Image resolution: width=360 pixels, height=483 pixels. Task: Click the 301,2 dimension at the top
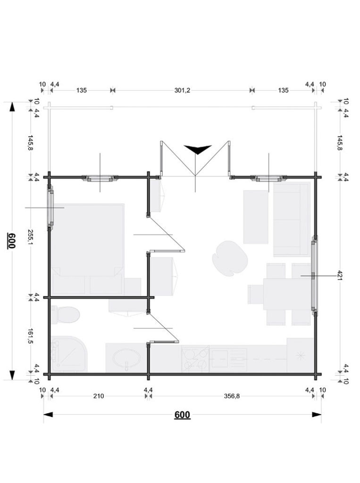point(182,90)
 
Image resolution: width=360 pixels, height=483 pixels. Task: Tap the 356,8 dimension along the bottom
point(232,396)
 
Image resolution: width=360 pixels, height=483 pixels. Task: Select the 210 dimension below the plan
point(99,396)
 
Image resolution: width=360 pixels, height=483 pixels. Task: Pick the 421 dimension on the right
point(340,275)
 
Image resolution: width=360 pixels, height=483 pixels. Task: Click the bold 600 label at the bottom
point(182,415)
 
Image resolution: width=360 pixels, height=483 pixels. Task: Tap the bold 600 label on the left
point(11,241)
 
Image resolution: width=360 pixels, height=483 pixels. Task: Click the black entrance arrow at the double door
point(198,150)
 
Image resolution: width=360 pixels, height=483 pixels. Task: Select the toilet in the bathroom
point(65,315)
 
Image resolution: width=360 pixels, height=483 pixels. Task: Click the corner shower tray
point(69,354)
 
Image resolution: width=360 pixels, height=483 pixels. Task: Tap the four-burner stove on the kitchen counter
point(195,359)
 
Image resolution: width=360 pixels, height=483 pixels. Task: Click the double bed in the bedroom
point(88,249)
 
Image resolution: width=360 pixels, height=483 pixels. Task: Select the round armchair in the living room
point(230,258)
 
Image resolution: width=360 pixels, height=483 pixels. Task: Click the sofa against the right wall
point(292,219)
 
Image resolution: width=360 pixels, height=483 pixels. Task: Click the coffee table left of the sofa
point(256,217)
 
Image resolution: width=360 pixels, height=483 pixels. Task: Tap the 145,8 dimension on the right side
point(340,142)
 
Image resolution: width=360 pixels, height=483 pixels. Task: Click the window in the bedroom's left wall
point(50,208)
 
